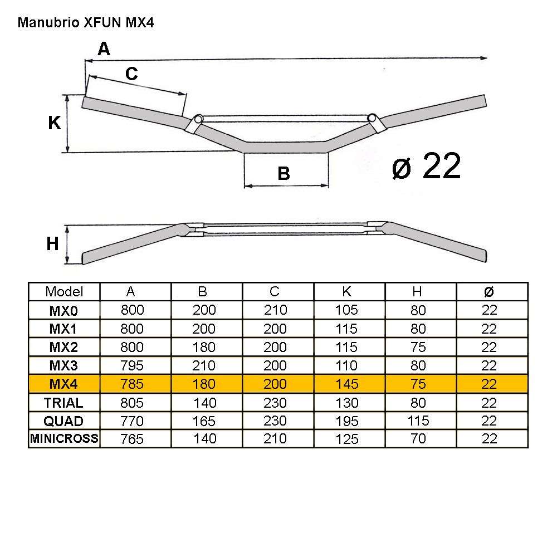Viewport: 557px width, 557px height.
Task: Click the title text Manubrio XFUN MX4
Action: tap(85, 23)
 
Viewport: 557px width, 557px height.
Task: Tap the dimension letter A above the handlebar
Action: tap(104, 50)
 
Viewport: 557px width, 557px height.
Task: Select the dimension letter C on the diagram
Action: tap(131, 74)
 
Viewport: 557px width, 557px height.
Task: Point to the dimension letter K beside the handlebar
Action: tap(54, 123)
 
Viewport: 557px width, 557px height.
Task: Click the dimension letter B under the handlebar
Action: tap(284, 174)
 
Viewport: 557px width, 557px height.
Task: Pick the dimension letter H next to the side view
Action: tap(52, 243)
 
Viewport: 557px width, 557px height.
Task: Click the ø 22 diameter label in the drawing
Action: tap(426, 166)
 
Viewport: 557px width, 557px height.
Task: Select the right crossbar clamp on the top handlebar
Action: tap(374, 122)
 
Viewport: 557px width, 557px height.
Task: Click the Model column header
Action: tap(64, 291)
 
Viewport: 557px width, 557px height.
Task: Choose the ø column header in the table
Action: tap(488, 291)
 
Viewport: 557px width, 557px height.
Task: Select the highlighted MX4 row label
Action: tap(63, 384)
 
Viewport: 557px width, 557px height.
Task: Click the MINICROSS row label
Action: tap(64, 438)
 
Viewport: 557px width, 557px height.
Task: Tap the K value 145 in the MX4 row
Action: tap(347, 384)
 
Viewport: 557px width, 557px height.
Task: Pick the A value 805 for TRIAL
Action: tap(132, 402)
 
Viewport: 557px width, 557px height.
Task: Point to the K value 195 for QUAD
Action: tap(347, 421)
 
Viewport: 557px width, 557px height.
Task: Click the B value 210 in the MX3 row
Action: tap(204, 365)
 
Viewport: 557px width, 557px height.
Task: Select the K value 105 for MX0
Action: tap(347, 310)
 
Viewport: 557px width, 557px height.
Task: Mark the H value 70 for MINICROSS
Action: tap(418, 439)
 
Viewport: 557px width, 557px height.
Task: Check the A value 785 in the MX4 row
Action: tap(132, 384)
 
